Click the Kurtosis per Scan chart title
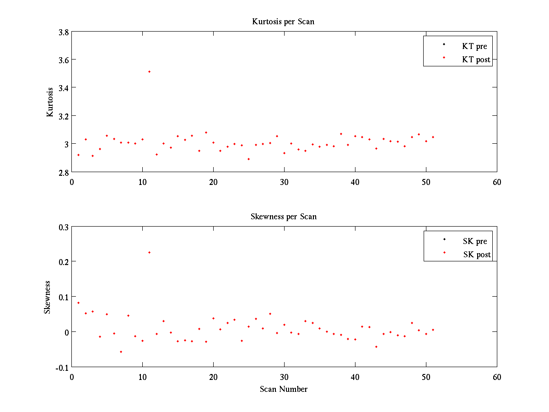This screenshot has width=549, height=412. point(283,22)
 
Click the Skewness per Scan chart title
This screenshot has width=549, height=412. point(283,217)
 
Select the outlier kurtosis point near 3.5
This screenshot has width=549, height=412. point(149,71)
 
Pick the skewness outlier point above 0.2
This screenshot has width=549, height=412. point(149,252)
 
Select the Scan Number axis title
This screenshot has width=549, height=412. point(283,389)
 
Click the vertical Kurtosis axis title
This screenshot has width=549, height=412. point(50,102)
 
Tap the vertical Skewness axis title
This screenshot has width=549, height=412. point(48,297)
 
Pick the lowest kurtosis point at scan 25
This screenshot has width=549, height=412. point(248,159)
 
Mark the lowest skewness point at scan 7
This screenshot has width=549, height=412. point(121,352)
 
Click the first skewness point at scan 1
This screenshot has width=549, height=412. point(78,303)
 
